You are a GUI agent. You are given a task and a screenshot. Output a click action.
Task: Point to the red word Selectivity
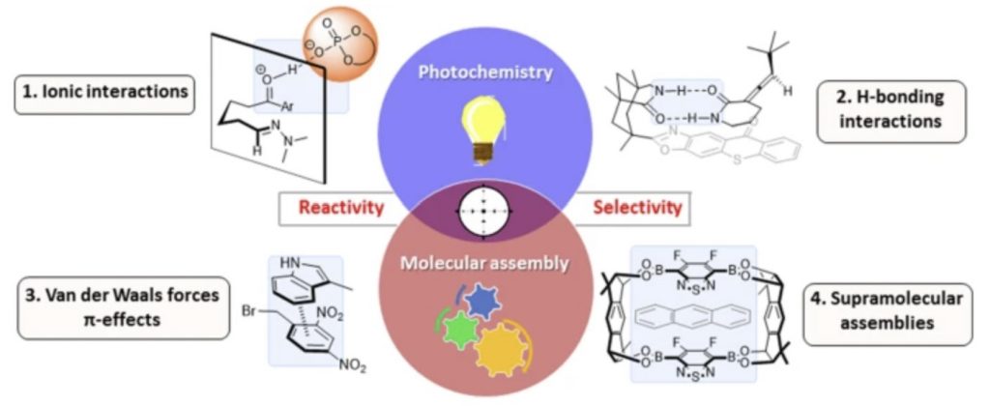pos(637,207)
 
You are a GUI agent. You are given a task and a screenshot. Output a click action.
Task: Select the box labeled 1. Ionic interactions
pos(102,93)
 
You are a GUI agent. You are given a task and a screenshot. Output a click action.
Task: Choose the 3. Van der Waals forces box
pos(121,306)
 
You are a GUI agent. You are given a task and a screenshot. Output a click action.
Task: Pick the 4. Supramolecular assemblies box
pos(888,311)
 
